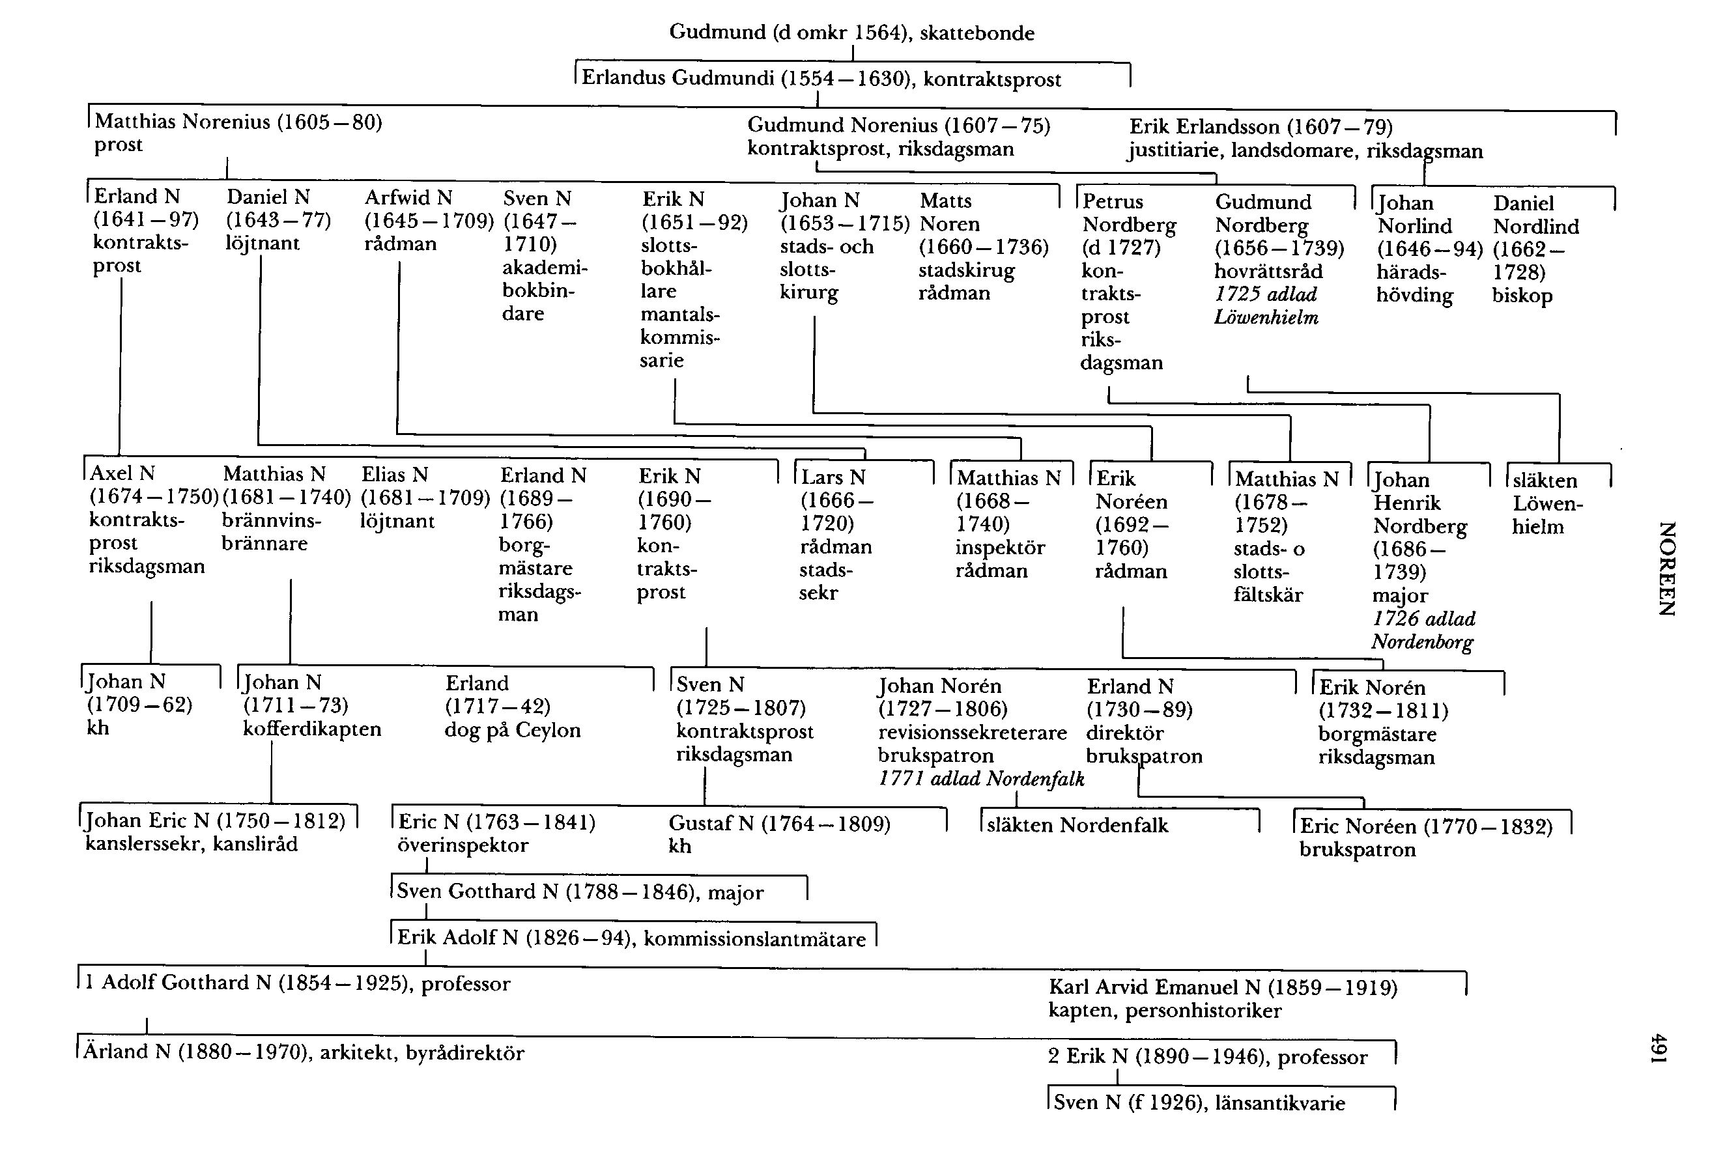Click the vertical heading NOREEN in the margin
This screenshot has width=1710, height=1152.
pos(1666,568)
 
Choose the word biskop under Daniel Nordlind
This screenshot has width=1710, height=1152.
pos(1522,296)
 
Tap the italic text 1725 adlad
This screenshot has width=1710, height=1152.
pos(1266,294)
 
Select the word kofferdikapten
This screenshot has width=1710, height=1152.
pos(311,729)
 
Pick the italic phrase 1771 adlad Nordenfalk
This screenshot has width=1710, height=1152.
pos(981,779)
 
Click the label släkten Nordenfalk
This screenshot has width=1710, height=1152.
pos(1077,825)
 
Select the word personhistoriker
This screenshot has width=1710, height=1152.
pos(1203,1011)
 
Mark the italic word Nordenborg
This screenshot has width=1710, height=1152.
pos(1422,642)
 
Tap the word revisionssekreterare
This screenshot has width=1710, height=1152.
pos(971,733)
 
